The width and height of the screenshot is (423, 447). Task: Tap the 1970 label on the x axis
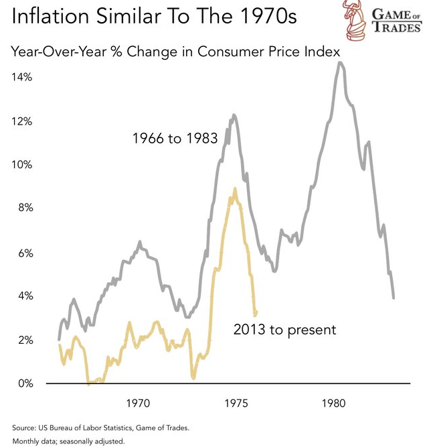click(137, 404)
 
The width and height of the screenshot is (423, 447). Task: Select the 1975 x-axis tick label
click(236, 404)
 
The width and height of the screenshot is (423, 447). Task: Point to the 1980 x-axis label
click(333, 404)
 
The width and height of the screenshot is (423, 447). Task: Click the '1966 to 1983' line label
click(175, 139)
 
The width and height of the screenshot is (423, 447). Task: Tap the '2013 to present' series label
click(284, 330)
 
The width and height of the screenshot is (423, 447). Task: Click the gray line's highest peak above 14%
click(341, 62)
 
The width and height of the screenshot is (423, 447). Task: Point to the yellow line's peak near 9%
click(234, 188)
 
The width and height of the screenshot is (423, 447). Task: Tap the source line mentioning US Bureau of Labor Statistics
click(100, 427)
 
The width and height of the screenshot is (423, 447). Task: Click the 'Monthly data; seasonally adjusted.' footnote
click(68, 440)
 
